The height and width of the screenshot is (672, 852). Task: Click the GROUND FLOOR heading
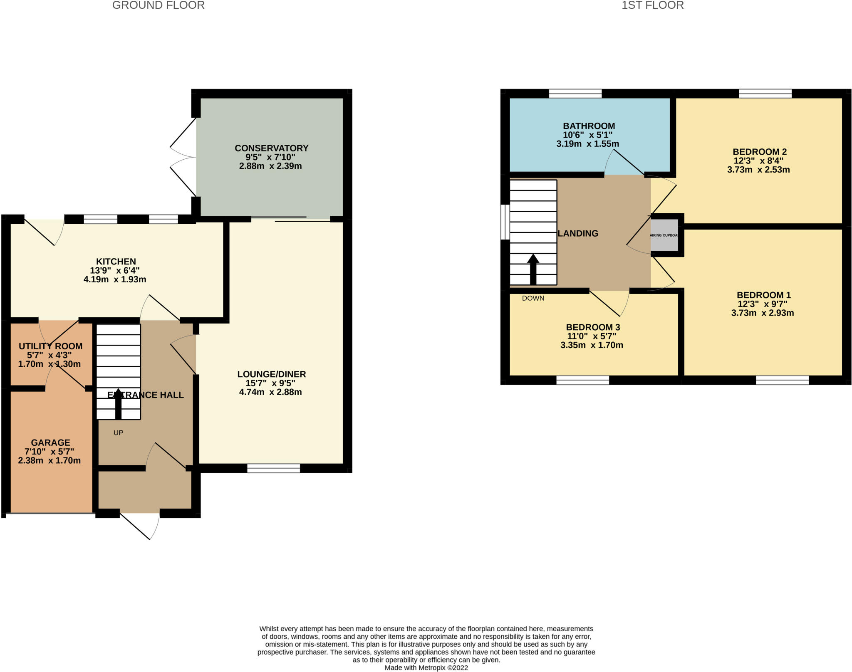[158, 5]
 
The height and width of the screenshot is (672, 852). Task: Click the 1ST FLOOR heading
[652, 5]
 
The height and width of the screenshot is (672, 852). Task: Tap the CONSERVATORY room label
[271, 148]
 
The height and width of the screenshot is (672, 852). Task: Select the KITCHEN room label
[116, 262]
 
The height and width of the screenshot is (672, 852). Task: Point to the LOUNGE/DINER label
[271, 374]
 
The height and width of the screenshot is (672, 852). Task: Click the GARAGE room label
[50, 443]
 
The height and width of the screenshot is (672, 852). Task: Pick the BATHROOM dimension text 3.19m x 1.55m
[587, 144]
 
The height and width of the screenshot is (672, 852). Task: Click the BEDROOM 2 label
[759, 152]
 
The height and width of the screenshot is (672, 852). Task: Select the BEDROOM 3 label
[593, 327]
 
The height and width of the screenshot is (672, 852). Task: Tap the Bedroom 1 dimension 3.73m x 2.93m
[762, 313]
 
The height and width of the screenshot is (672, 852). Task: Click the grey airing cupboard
[664, 235]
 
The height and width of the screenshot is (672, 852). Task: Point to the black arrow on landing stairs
[533, 268]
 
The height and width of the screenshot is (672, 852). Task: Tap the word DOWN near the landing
[533, 298]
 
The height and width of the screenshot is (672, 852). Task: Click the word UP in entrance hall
[118, 433]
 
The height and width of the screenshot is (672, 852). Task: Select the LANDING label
[577, 234]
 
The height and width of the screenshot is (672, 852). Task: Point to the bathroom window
[575, 94]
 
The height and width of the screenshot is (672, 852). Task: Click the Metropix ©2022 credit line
[426, 668]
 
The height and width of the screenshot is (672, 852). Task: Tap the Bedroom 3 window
[582, 380]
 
